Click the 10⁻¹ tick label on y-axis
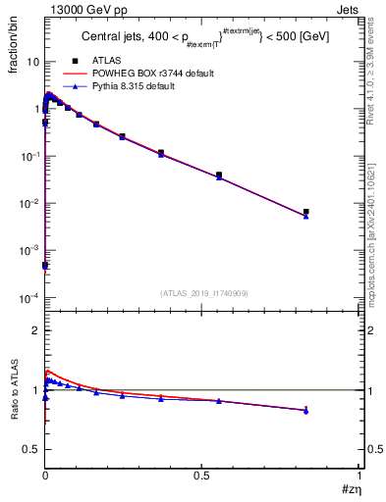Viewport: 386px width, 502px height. (29, 156)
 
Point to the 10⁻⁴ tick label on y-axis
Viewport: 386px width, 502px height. (29, 298)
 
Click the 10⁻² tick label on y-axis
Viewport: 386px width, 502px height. (29, 203)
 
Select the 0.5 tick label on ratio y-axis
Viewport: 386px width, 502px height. (29, 449)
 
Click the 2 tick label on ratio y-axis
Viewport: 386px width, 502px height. (34, 330)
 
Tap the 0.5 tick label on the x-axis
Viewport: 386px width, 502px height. (202, 476)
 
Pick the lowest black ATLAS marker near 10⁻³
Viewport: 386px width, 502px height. (45, 266)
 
